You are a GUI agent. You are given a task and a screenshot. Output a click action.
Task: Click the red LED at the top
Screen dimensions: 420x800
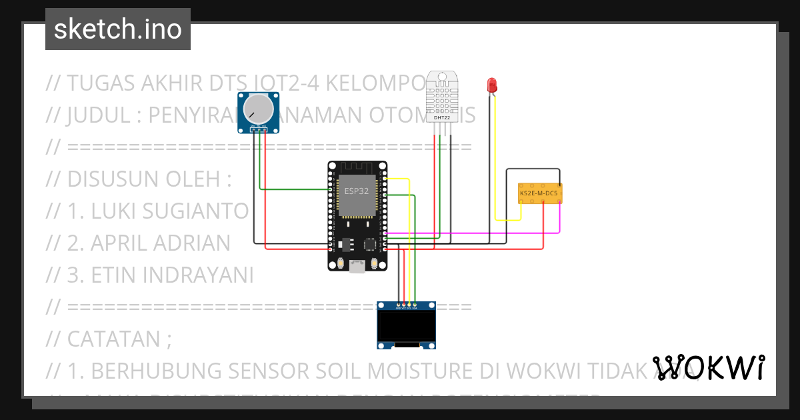pos(492,85)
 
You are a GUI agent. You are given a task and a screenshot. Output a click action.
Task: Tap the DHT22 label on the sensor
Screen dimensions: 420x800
pos(441,117)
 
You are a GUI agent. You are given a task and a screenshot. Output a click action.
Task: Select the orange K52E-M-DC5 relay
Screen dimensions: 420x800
pos(539,193)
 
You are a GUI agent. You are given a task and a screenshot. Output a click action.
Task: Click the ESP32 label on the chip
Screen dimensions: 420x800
pos(356,191)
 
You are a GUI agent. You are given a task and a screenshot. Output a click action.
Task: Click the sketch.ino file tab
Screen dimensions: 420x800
pos(117,29)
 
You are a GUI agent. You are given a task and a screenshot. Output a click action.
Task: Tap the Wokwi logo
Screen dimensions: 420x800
pos(708,367)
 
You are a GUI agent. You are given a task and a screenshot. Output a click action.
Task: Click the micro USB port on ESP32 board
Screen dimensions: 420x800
pos(358,266)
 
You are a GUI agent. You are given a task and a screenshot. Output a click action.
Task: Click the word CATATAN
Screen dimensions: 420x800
pos(113,339)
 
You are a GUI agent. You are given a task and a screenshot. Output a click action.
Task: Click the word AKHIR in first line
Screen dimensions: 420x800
pos(172,83)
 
